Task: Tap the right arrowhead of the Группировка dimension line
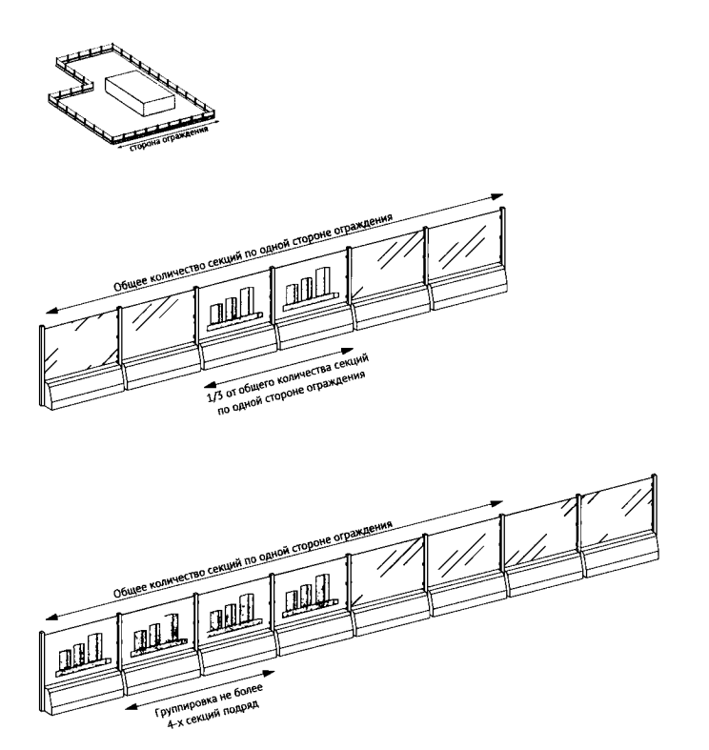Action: point(269,673)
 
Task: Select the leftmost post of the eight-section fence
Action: point(42,671)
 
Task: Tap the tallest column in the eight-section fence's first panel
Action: point(94,649)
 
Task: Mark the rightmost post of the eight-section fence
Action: point(655,505)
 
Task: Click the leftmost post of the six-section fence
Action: point(42,366)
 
